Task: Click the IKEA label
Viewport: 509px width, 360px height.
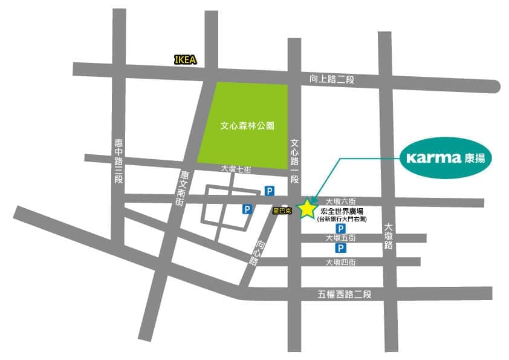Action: [184, 60]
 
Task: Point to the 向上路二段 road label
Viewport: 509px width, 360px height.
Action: [331, 79]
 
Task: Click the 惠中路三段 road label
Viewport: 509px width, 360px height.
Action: [118, 162]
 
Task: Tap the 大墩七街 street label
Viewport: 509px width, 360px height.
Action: [235, 169]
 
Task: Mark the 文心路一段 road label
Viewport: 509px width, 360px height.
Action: [295, 162]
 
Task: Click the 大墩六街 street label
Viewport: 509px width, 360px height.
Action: [341, 201]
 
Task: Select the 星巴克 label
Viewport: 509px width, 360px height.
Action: [283, 211]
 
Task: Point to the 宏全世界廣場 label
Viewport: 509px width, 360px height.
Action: [342, 212]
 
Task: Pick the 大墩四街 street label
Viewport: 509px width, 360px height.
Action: [340, 262]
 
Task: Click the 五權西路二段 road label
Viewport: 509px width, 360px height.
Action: [344, 295]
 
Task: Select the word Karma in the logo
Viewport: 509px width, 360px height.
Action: [434, 159]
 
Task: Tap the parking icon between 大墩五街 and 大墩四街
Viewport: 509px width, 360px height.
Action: [340, 249]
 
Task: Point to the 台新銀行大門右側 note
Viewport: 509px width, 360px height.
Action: [342, 220]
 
